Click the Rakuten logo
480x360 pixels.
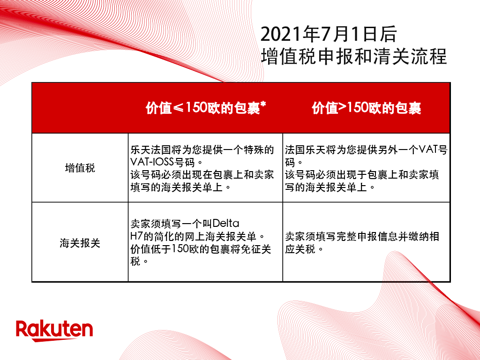(54, 330)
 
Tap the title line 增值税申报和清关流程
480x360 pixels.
(354, 56)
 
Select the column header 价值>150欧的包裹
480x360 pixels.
(367, 108)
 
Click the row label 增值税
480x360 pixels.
(80, 168)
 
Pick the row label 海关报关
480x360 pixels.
(80, 244)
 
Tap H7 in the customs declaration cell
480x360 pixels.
(136, 236)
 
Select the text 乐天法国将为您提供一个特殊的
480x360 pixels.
(202, 150)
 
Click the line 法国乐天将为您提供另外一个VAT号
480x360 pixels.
(366, 150)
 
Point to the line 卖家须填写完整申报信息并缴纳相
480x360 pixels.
(362, 236)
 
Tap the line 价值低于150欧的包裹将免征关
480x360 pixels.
(201, 248)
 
